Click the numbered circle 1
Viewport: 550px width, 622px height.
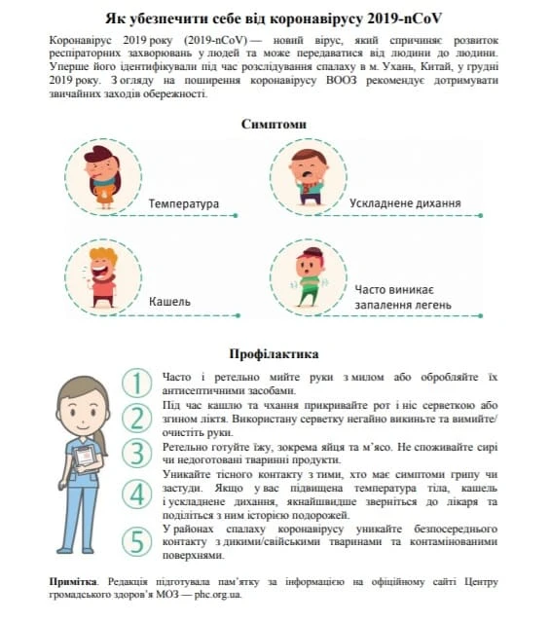pos(139,382)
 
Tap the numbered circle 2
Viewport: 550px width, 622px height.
pos(139,418)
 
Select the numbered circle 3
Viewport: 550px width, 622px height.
pos(139,453)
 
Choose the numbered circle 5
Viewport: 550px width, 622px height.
pos(139,538)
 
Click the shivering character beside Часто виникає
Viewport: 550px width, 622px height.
pos(311,274)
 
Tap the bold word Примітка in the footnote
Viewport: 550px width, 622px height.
pos(72,580)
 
